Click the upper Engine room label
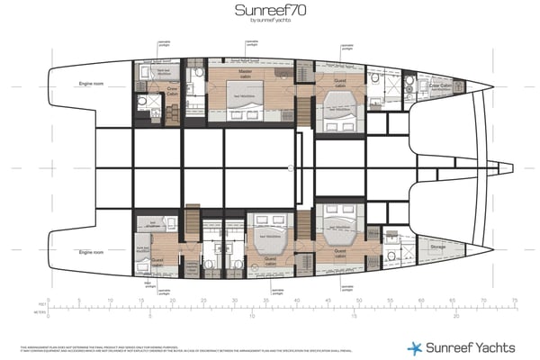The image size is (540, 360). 93,81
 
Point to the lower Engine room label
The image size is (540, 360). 93,253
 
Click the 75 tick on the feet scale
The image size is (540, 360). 514,300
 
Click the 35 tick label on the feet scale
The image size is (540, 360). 265,300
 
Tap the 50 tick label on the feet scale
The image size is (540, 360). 358,300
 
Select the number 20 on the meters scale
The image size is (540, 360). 456,317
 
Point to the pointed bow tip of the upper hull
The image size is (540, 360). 494,88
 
